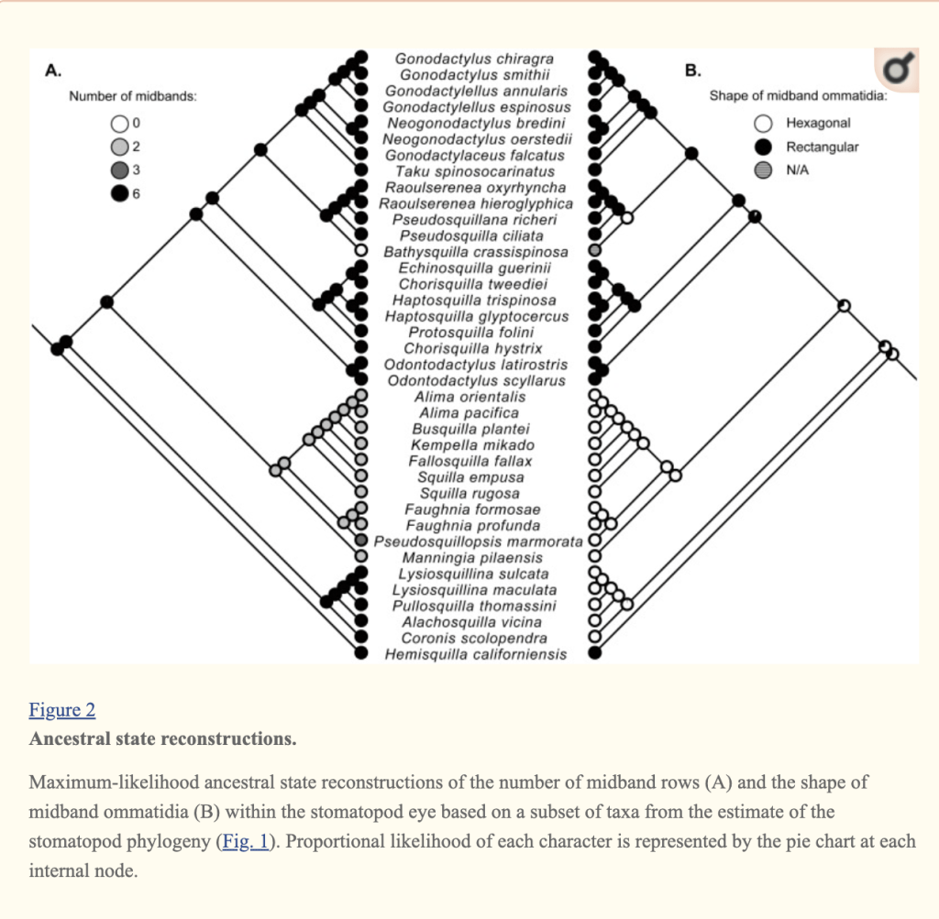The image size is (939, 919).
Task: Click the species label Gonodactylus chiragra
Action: [x=474, y=60]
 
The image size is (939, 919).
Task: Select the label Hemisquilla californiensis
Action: [x=475, y=654]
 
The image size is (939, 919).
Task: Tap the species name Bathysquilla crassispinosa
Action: [x=475, y=252]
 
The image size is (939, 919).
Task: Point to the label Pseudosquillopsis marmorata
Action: [x=478, y=542]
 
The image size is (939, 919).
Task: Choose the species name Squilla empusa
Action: [x=470, y=477]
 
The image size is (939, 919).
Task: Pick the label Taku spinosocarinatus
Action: [x=474, y=171]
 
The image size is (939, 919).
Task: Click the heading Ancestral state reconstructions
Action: [x=162, y=738]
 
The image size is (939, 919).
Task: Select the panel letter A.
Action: [x=53, y=71]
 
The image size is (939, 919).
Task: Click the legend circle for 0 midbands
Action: [x=119, y=123]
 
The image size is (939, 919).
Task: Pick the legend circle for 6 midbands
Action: [x=119, y=194]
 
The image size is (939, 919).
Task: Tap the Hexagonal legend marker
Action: [x=762, y=123]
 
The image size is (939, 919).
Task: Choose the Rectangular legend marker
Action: [x=762, y=147]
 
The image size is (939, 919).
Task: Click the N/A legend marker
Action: [x=762, y=170]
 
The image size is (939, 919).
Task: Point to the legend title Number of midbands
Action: [x=134, y=96]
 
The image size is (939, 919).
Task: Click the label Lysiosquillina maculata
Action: [x=474, y=590]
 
